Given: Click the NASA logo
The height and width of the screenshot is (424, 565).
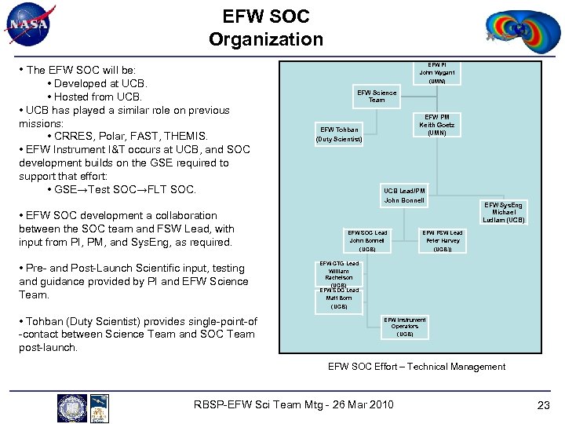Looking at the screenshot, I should tap(29, 24).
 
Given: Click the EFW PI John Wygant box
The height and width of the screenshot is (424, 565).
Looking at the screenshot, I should tap(437, 72).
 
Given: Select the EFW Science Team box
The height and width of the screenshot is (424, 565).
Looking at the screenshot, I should tap(377, 97).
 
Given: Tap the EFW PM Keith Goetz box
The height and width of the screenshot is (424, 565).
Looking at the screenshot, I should tap(437, 125).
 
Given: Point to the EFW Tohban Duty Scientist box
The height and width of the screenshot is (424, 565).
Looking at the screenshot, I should tap(339, 134).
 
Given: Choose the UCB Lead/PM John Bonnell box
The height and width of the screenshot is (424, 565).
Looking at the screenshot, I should tap(404, 196).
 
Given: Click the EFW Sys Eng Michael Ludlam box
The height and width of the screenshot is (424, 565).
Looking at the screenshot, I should tap(504, 212).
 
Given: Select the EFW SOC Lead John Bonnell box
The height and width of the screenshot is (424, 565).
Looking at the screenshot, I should tap(367, 240).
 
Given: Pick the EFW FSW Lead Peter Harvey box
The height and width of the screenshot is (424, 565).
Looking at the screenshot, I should tap(443, 240).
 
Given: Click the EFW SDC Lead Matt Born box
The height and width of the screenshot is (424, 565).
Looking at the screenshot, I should tap(339, 298).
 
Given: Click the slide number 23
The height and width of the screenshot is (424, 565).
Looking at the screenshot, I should tap(544, 405).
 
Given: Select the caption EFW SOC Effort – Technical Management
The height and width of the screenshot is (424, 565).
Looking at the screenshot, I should tap(417, 367).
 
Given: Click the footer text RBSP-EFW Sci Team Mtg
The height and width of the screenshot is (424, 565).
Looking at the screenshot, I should tap(293, 405).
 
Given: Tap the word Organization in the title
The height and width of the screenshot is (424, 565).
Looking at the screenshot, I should tap(266, 38).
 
